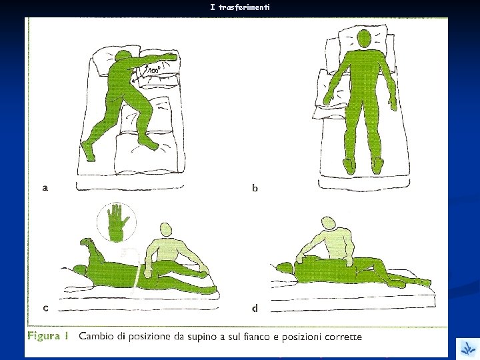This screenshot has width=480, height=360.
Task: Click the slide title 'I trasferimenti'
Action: (240, 7)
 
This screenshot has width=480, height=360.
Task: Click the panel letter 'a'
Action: (45, 187)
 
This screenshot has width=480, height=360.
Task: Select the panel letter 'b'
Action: (255, 187)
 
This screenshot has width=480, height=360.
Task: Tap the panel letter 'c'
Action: (45, 308)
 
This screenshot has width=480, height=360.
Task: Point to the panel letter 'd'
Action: (255, 307)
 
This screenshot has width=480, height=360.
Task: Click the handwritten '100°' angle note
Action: (153, 70)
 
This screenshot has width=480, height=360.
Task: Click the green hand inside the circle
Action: (117, 223)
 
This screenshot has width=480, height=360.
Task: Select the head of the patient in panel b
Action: (364, 39)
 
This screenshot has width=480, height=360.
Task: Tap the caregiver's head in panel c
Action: (166, 229)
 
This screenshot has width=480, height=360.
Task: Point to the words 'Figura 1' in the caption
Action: (47, 336)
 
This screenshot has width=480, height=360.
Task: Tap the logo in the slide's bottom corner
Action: (468, 349)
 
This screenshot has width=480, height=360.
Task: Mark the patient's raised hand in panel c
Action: (86, 242)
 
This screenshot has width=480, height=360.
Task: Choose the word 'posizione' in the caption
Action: (150, 337)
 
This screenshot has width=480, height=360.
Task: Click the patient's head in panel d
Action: (286, 268)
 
